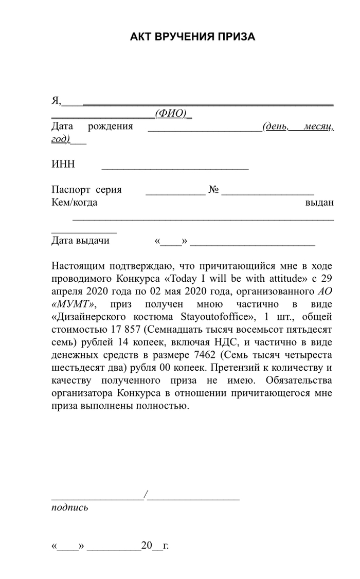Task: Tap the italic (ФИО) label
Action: [x=171, y=113]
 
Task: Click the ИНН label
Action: [x=63, y=164]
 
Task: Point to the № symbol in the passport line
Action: [x=214, y=190]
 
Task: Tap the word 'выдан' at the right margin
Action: [x=319, y=203]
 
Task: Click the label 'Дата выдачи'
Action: [x=80, y=241]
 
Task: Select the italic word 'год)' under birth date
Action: [x=61, y=139]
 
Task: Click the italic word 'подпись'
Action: [x=69, y=508]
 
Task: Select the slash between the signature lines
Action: [x=146, y=495]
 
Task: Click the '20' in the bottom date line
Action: [x=147, y=546]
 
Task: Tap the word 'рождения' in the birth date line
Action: [x=110, y=126]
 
